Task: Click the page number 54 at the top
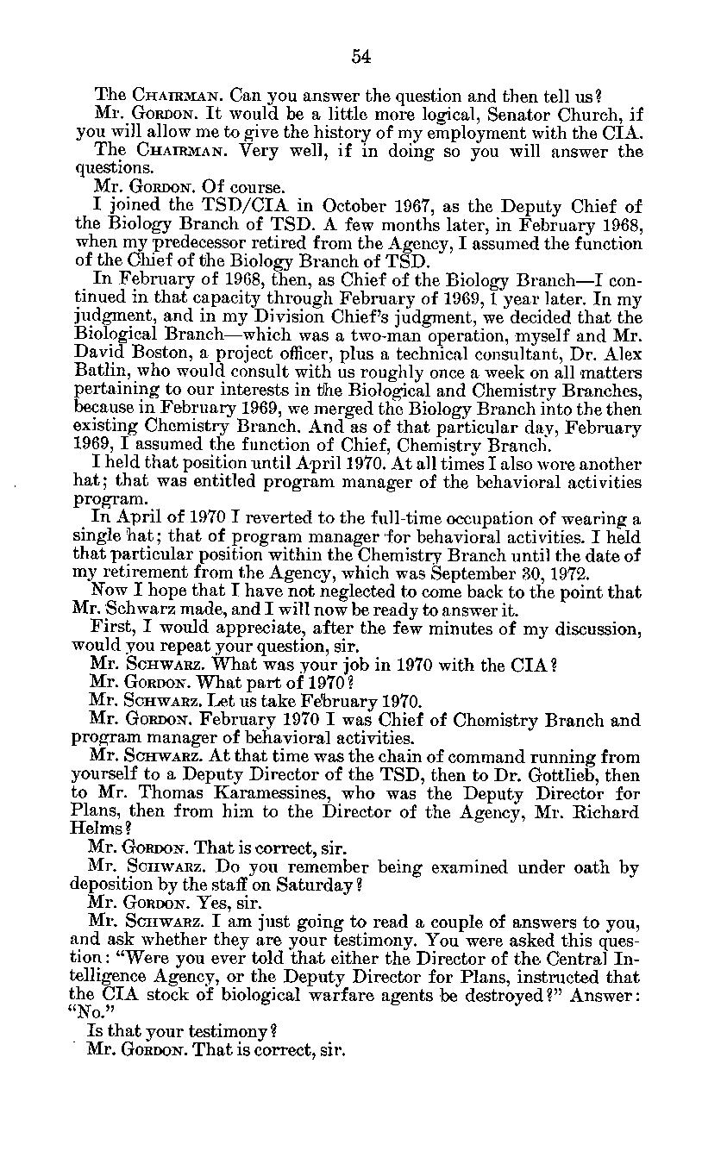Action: pyautogui.click(x=360, y=57)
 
